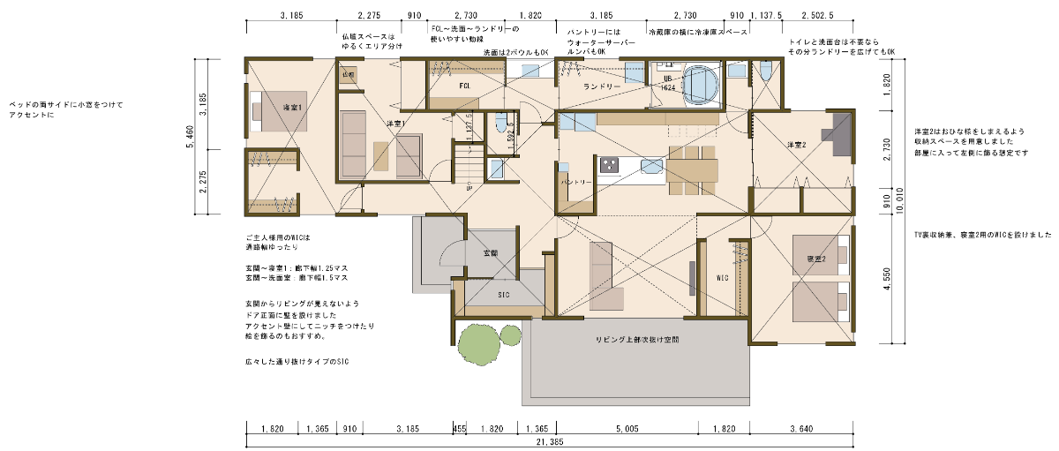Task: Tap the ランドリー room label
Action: coord(602,86)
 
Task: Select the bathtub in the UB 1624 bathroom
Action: coord(702,85)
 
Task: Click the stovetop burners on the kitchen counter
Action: coord(611,165)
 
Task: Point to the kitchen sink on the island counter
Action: coord(652,165)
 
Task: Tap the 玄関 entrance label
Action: coord(492,252)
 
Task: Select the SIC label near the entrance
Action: coord(504,295)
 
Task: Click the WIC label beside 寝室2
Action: coord(721,277)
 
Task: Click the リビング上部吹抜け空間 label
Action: coord(638,339)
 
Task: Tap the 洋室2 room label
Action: coord(798,144)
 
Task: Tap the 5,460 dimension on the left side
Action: coord(191,136)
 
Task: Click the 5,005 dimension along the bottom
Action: coord(627,428)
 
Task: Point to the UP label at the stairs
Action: coord(469,187)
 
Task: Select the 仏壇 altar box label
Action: coord(349,75)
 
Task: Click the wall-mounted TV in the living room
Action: coord(691,276)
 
